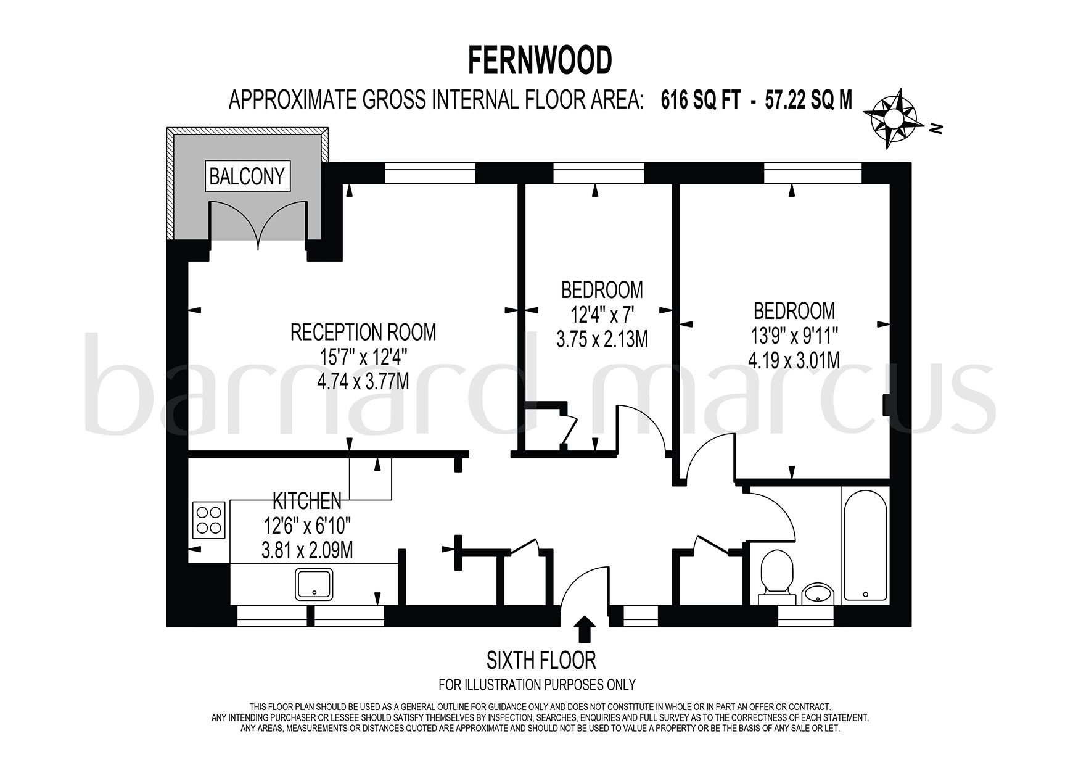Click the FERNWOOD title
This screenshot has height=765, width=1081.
(x=540, y=60)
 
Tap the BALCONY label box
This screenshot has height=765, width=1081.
(x=247, y=176)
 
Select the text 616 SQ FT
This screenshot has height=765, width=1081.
(x=701, y=99)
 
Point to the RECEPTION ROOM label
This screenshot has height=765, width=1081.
(x=363, y=333)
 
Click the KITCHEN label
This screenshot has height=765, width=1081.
(x=307, y=500)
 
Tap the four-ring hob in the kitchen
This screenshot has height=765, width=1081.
(x=209, y=519)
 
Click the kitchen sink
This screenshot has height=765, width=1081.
(x=315, y=584)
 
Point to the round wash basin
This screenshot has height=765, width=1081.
(x=818, y=593)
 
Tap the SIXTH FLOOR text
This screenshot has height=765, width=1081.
(x=541, y=661)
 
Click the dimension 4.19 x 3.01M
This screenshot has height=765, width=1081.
(x=794, y=360)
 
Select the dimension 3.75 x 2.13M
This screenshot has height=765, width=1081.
(x=601, y=339)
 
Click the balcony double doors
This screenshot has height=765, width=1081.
(x=258, y=225)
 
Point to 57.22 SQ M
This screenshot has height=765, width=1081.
(x=808, y=99)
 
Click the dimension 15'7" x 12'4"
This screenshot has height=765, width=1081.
(x=363, y=357)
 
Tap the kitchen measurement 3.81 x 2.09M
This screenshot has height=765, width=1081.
(x=307, y=549)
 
